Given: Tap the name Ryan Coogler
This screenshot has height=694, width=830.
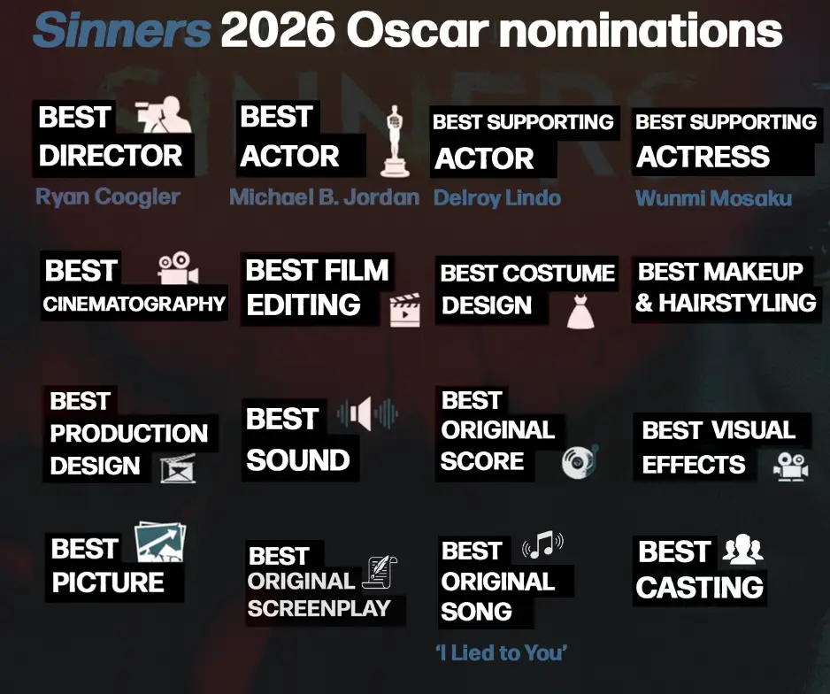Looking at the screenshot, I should [107, 196].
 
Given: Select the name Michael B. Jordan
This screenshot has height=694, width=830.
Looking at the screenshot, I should [324, 197].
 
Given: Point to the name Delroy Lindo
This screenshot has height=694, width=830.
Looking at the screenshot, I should [496, 197].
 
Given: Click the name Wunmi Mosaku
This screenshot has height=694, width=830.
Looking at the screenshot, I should [713, 197].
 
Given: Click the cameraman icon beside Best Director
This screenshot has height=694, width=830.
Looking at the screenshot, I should [164, 116].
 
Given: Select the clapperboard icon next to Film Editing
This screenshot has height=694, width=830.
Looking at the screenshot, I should [404, 311].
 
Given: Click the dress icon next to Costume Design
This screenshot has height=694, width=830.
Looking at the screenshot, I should [580, 312].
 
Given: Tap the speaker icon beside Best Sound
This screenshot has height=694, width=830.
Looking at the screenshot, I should [367, 413].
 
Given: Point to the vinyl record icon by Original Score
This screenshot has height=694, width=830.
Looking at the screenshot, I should [580, 460].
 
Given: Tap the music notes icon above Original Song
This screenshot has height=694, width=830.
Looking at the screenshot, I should [542, 544].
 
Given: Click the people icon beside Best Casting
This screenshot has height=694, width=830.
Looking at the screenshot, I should [742, 551].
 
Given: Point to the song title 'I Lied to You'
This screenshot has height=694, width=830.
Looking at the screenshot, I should [501, 653].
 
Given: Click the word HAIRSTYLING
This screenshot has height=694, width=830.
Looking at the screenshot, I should [737, 303].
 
